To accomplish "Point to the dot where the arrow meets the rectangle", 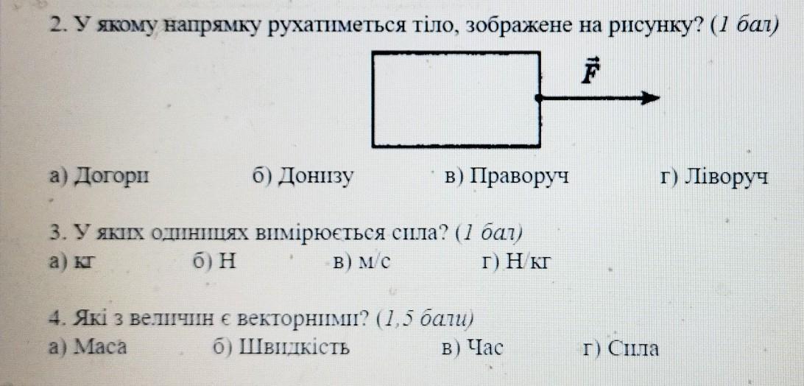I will coord(540,97).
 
